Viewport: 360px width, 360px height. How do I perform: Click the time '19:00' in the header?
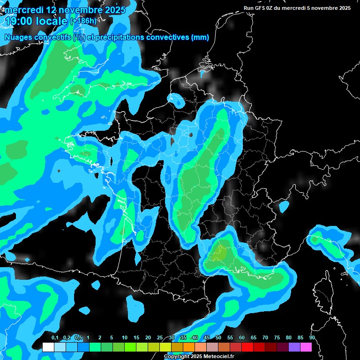click(x=19, y=21)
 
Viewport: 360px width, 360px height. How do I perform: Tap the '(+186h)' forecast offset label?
click(x=83, y=21)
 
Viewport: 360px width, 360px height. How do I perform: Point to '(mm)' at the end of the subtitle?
click(x=200, y=37)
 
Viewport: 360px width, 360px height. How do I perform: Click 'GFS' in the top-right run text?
click(x=263, y=8)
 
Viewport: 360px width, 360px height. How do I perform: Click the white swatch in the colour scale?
click(x=48, y=347)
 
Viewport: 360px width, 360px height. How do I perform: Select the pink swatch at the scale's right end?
click(x=306, y=347)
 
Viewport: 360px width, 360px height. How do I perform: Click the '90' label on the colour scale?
click(x=312, y=338)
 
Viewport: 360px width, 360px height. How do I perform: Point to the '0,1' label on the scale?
click(x=54, y=338)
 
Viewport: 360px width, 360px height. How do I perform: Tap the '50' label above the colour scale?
click(x=218, y=338)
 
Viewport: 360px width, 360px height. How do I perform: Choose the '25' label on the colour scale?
click(x=160, y=338)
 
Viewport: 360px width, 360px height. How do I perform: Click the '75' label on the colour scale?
click(x=277, y=338)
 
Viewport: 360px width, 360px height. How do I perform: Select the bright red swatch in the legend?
click(x=247, y=347)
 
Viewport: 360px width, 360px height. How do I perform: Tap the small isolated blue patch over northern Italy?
click(x=284, y=206)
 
